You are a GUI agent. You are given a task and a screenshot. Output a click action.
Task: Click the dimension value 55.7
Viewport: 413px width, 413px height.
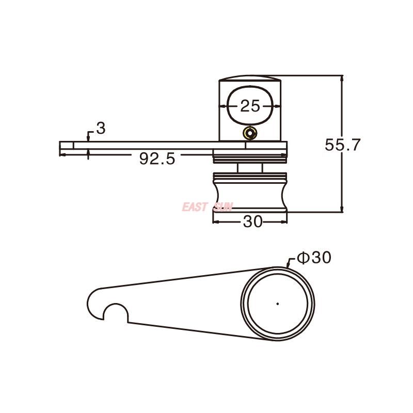click(x=342, y=145)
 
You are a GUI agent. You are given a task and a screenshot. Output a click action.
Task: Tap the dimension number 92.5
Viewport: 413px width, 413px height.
click(x=157, y=159)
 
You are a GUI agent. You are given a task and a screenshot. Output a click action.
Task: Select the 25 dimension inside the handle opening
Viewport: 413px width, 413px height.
click(x=250, y=106)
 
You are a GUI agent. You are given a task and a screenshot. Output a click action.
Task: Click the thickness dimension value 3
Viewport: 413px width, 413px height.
click(x=101, y=129)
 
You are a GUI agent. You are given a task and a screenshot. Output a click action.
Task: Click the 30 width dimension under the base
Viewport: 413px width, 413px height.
click(x=252, y=222)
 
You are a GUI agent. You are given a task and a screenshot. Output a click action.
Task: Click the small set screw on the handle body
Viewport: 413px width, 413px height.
click(x=250, y=133)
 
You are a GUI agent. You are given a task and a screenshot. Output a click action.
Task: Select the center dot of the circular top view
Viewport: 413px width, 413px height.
click(x=277, y=304)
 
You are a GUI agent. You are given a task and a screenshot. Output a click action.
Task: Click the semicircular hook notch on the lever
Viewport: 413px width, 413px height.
click(x=115, y=313)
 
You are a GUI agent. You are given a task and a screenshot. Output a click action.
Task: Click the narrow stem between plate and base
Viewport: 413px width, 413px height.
click(x=250, y=168)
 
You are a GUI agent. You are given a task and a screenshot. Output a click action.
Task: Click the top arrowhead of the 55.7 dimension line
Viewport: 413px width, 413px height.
click(x=341, y=78)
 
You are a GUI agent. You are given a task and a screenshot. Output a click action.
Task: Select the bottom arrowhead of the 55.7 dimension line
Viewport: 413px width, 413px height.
click(x=341, y=210)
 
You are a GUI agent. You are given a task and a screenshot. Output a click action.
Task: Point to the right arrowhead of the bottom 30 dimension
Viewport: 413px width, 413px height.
click(x=284, y=222)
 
